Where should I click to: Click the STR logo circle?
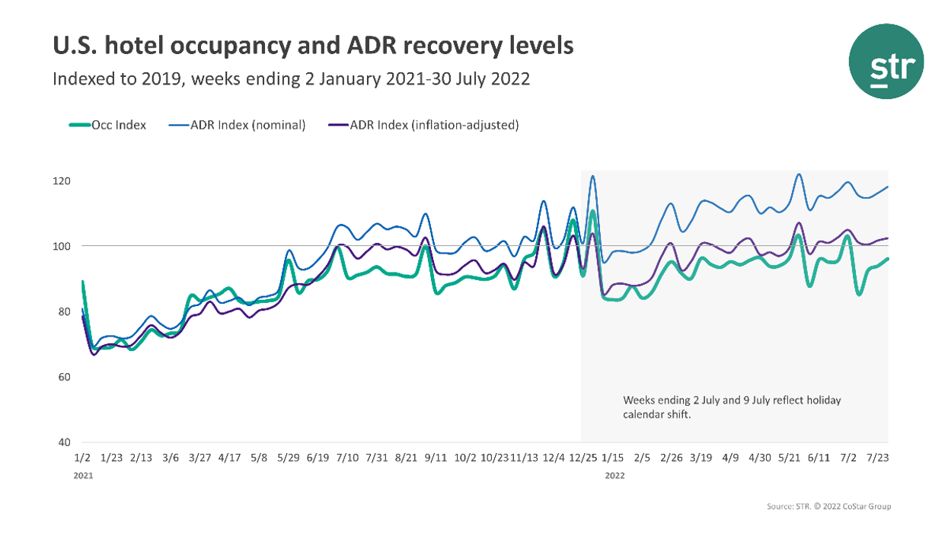tap(886, 61)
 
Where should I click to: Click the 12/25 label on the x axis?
tap(584, 458)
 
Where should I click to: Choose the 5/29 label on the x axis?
tap(289, 458)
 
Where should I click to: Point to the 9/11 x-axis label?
tap(436, 458)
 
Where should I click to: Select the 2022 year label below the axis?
tap(615, 475)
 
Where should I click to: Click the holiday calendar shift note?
tap(731, 407)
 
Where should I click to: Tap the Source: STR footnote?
tap(828, 506)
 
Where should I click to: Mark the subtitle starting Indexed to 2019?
tap(291, 79)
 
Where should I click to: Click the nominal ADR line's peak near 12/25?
tap(592, 177)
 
